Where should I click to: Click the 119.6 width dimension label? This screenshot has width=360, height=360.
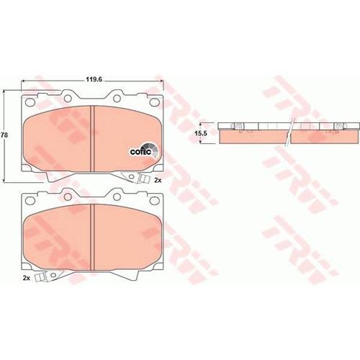(94, 79)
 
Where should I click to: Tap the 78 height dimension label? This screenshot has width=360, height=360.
(4, 135)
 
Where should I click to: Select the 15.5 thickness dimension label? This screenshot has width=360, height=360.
(201, 133)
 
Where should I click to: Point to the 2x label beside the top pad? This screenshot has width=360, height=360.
(158, 180)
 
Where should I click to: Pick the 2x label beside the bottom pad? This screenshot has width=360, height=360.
(26, 278)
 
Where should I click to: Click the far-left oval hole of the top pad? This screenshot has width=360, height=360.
(30, 102)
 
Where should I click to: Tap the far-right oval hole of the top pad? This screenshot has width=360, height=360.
(154, 102)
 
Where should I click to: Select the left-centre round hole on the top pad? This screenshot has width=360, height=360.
(68, 98)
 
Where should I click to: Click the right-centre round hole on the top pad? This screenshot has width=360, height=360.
(117, 98)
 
